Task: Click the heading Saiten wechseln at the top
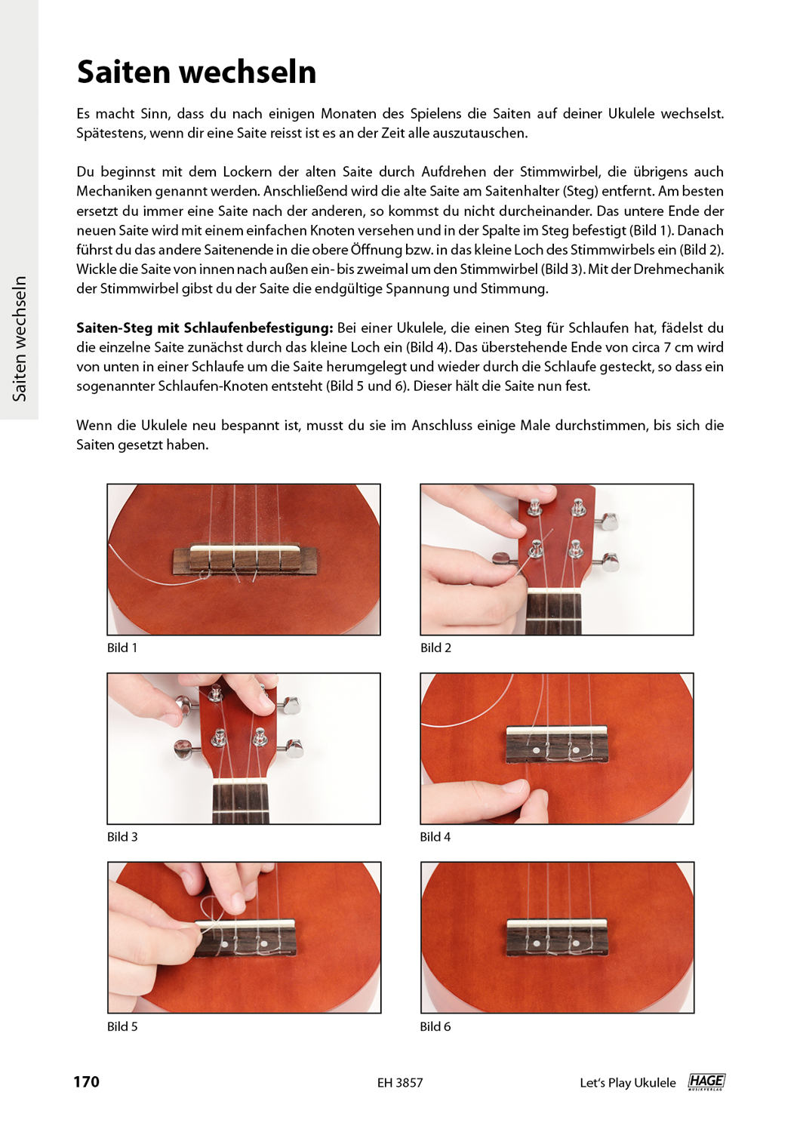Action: click(x=196, y=72)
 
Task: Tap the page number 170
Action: click(x=86, y=1081)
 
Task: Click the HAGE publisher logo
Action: click(x=706, y=1081)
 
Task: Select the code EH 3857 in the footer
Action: click(x=400, y=1082)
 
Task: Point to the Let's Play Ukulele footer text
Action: click(x=627, y=1082)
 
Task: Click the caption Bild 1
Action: click(x=122, y=648)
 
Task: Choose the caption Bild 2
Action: click(x=435, y=648)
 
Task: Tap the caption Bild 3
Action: click(x=122, y=836)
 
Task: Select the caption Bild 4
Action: click(x=435, y=836)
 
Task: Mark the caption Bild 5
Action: click(x=122, y=1026)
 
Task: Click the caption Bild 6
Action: click(x=435, y=1026)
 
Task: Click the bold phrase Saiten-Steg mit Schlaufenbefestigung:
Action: click(x=205, y=328)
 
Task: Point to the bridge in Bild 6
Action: click(x=557, y=937)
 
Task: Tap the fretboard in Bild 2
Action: click(x=553, y=614)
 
